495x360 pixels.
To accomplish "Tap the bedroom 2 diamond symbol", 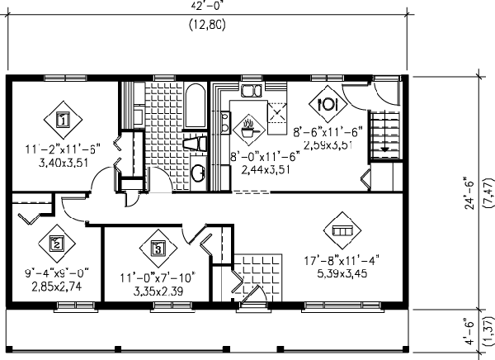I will click(x=57, y=243).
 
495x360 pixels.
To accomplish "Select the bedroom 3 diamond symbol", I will click(x=159, y=247).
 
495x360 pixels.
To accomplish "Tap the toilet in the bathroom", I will click(x=194, y=144).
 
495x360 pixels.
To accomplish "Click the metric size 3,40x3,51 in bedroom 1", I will click(x=62, y=163).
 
